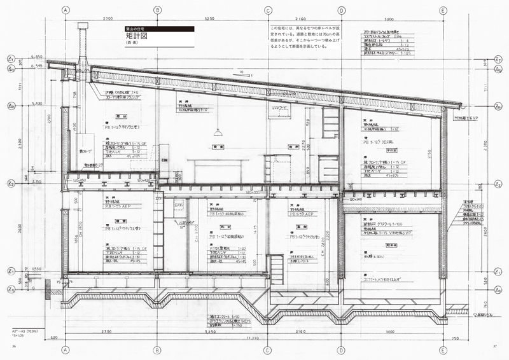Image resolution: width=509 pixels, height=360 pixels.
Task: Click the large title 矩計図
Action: tap(137, 38)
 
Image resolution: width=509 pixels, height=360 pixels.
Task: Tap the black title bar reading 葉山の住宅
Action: tap(159, 29)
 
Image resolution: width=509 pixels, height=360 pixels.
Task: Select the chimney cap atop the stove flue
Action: tap(83, 25)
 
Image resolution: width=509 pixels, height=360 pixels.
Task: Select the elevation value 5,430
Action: tap(36, 103)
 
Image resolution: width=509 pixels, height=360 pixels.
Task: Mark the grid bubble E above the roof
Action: tap(442, 10)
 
